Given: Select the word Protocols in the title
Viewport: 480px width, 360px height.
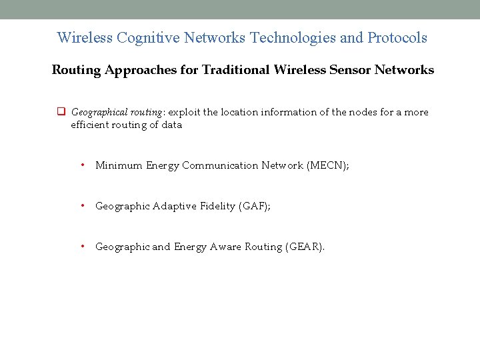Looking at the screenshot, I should pyautogui.click(x=397, y=38).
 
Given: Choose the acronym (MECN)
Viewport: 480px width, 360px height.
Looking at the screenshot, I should pyautogui.click(x=327, y=165).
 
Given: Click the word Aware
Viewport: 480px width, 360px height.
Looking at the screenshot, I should pyautogui.click(x=226, y=247).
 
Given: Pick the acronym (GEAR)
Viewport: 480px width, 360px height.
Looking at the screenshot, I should pyautogui.click(x=305, y=247).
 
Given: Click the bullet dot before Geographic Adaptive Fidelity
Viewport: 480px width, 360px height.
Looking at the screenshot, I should pyautogui.click(x=83, y=206).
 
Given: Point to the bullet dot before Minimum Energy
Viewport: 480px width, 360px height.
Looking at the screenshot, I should pyautogui.click(x=83, y=165).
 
